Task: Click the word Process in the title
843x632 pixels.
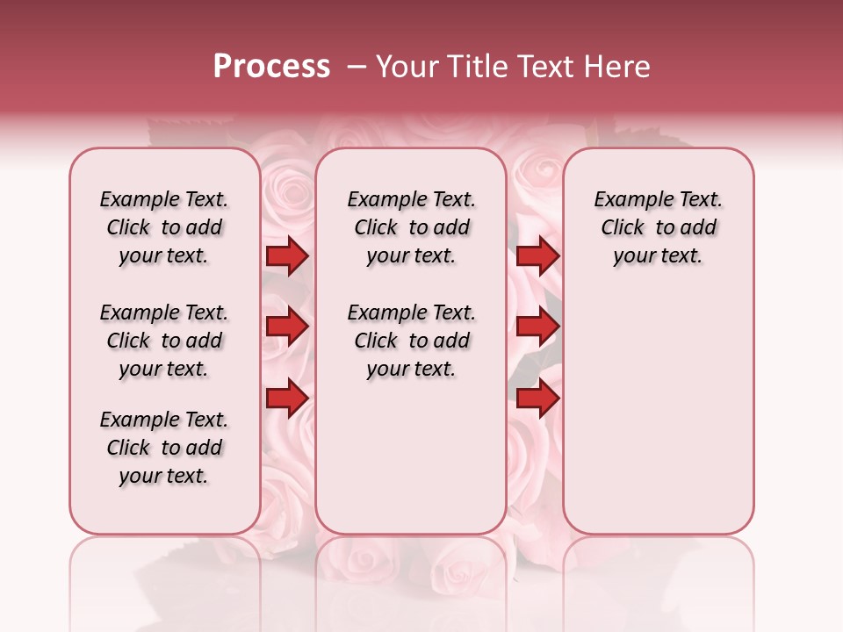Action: click(x=271, y=67)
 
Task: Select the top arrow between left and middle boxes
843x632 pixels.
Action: click(x=287, y=256)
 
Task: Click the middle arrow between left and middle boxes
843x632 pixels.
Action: click(x=287, y=327)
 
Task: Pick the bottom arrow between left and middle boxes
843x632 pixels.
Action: click(x=287, y=398)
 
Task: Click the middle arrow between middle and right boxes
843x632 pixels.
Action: click(x=537, y=327)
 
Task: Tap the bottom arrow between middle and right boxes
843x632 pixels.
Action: click(x=537, y=398)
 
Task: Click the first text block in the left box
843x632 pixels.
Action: click(x=164, y=227)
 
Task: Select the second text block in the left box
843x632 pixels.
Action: click(x=164, y=341)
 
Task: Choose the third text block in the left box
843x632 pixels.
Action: click(x=164, y=448)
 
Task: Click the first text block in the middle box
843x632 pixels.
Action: click(x=411, y=227)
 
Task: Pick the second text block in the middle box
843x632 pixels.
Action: click(x=411, y=341)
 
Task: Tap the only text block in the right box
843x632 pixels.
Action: click(x=658, y=227)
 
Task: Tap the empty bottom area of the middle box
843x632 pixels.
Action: click(x=411, y=465)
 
